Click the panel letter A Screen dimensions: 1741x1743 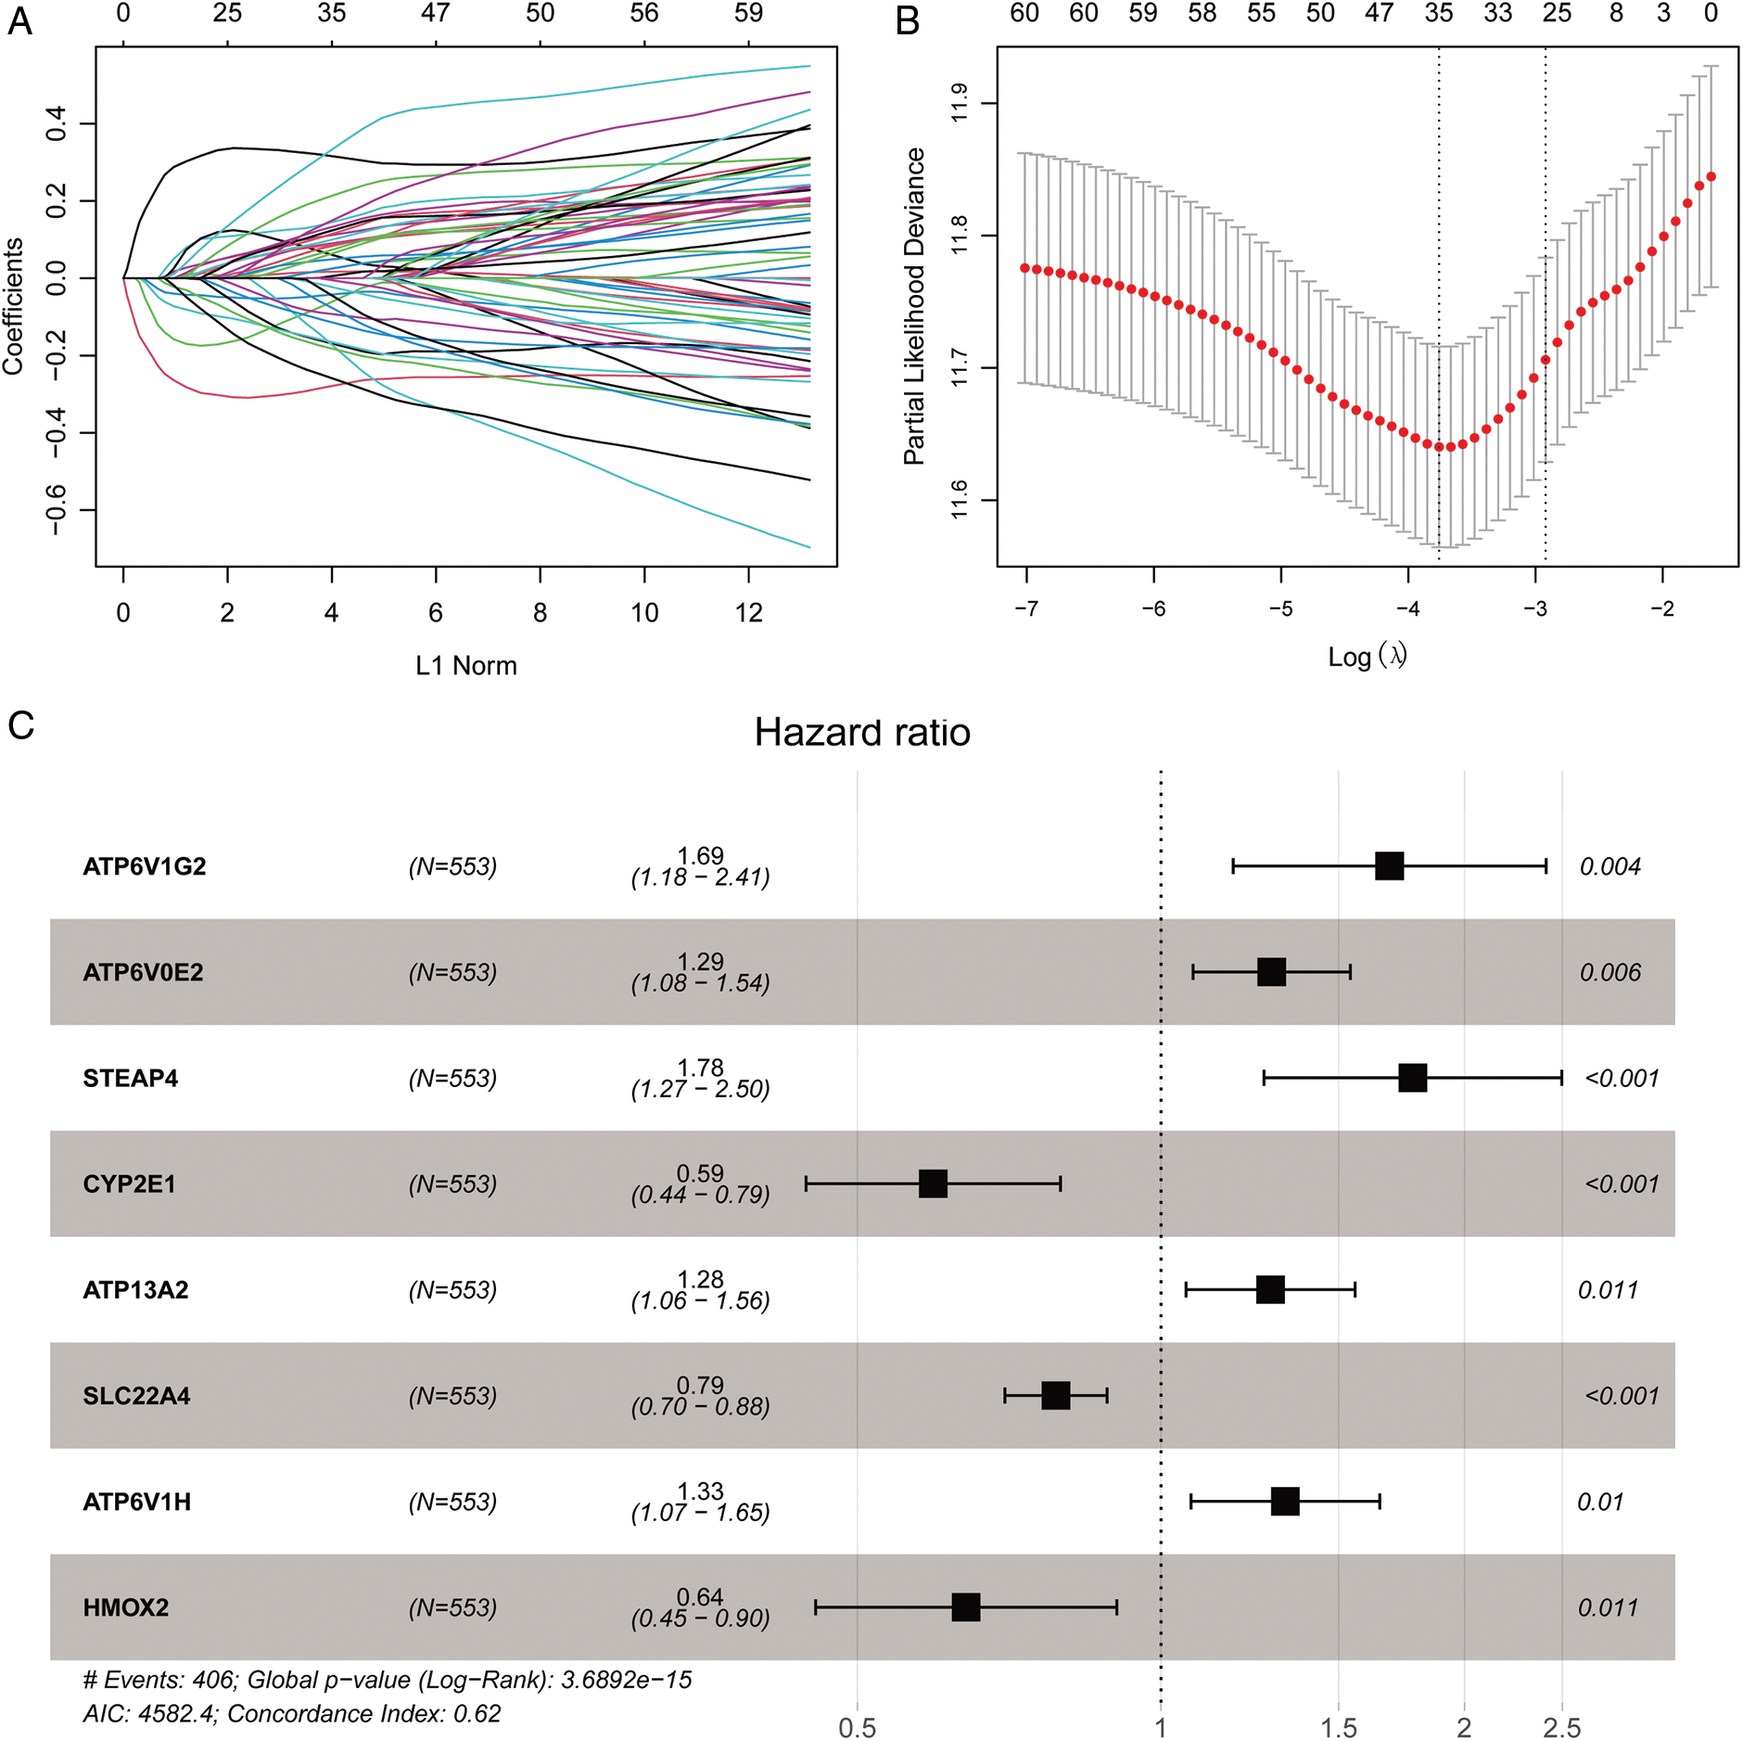point(19,21)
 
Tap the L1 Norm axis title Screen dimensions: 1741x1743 point(465,665)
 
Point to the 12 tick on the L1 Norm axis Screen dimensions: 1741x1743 point(748,612)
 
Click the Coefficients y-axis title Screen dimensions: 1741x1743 point(13,306)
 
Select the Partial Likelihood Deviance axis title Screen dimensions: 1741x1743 point(914,306)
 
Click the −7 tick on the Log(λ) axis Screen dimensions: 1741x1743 point(1025,608)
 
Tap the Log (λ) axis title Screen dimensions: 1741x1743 point(1367,656)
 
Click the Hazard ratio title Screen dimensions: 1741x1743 point(861,732)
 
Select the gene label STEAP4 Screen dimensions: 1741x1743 point(131,1078)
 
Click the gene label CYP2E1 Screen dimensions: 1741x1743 point(129,1184)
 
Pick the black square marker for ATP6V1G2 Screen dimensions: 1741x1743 point(1389,865)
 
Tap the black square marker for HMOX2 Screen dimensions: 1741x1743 point(965,1607)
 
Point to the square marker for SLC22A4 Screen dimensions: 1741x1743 point(1055,1395)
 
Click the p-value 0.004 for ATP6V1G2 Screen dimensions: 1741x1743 point(1609,866)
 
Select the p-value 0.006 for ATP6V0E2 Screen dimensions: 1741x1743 point(1609,972)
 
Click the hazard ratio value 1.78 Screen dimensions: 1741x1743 point(700,1068)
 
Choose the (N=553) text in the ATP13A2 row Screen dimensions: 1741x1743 point(452,1289)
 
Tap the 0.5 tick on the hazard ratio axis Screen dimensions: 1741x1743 point(857,1728)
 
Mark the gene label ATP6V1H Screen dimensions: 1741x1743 point(136,1502)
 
